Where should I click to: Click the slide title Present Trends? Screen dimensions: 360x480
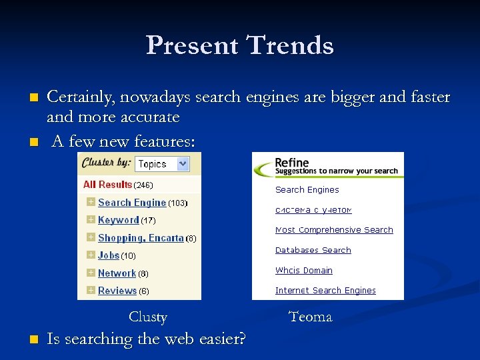pos(239,45)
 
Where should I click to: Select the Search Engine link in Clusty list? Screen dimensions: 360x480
pos(131,203)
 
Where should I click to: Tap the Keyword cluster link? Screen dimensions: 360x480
pos(118,220)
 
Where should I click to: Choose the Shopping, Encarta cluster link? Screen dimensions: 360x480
pos(140,238)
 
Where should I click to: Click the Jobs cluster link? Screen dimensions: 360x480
pos(109,255)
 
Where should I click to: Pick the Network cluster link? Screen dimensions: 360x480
pos(117,273)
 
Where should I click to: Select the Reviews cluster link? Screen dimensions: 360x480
pos(117,291)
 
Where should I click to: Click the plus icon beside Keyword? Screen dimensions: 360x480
pos(91,220)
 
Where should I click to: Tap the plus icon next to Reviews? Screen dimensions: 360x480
pos(91,291)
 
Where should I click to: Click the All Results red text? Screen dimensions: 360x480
pos(107,185)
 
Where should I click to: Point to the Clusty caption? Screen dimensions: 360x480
pos(147,317)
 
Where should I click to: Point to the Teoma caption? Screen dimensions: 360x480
pos(310,317)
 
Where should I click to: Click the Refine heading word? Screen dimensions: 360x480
pos(291,162)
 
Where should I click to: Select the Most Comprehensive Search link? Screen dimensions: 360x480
pos(334,230)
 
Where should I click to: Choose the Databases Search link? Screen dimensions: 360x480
pos(313,250)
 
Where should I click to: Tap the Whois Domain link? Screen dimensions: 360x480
pos(303,270)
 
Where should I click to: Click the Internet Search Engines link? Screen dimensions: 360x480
pos(325,290)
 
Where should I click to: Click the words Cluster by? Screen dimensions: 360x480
pos(105,163)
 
